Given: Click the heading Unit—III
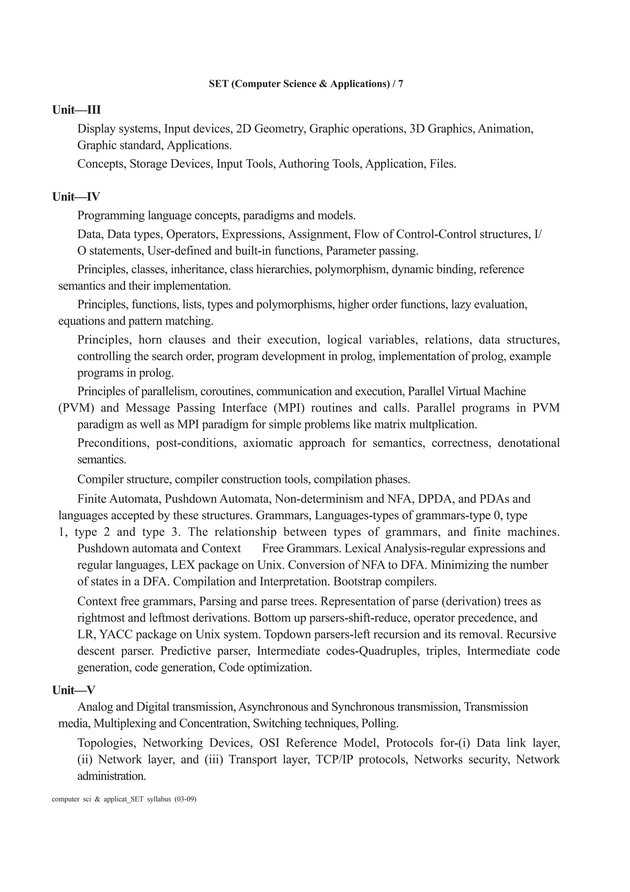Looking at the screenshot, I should [77, 110].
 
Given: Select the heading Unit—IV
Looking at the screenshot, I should [76, 197].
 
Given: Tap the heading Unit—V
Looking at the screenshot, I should [74, 690].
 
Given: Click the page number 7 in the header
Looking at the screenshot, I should [400, 84].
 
